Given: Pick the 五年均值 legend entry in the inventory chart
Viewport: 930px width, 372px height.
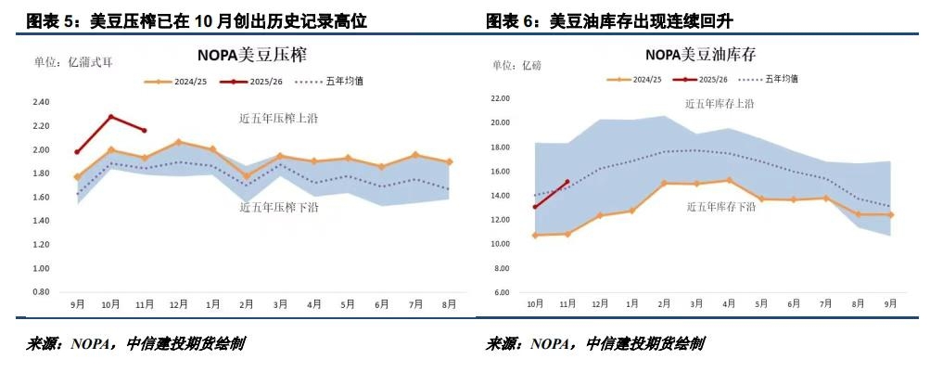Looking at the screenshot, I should click(777, 80).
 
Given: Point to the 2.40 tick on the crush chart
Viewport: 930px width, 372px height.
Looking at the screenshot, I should click(40, 102).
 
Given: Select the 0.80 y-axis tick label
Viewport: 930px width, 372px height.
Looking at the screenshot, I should click(40, 291).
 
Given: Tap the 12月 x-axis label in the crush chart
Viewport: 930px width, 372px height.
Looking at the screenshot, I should click(179, 304).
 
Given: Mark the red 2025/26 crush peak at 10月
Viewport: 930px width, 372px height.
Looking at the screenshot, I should click(111, 117).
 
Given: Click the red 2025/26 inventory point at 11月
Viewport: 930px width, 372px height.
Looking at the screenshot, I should click(567, 182).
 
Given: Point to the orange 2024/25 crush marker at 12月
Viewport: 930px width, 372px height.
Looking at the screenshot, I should click(179, 142).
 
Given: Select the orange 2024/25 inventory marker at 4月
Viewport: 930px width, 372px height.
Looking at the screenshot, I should click(729, 180).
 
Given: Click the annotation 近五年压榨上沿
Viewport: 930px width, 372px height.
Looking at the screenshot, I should click(276, 118).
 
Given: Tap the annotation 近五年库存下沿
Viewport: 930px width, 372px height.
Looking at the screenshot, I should click(720, 207).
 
